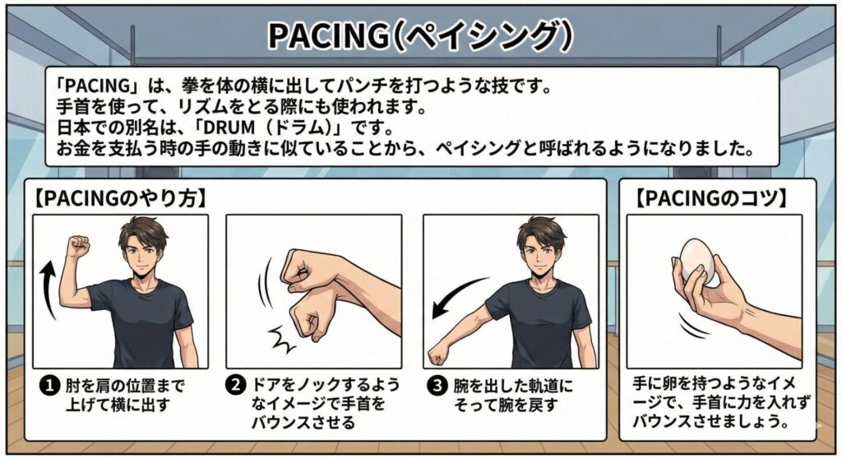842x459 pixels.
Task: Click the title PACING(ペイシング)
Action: [420, 35]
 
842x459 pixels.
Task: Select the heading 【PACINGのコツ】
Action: [711, 198]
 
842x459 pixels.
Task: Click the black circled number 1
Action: [50, 385]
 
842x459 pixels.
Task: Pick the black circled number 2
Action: [236, 385]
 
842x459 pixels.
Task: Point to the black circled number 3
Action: [437, 385]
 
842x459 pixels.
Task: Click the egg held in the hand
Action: [697, 262]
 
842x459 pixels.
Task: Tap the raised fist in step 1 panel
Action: [77, 246]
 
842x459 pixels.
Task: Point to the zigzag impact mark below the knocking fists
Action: [281, 339]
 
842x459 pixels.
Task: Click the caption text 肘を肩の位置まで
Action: [125, 385]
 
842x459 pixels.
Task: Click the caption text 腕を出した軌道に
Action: [513, 385]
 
